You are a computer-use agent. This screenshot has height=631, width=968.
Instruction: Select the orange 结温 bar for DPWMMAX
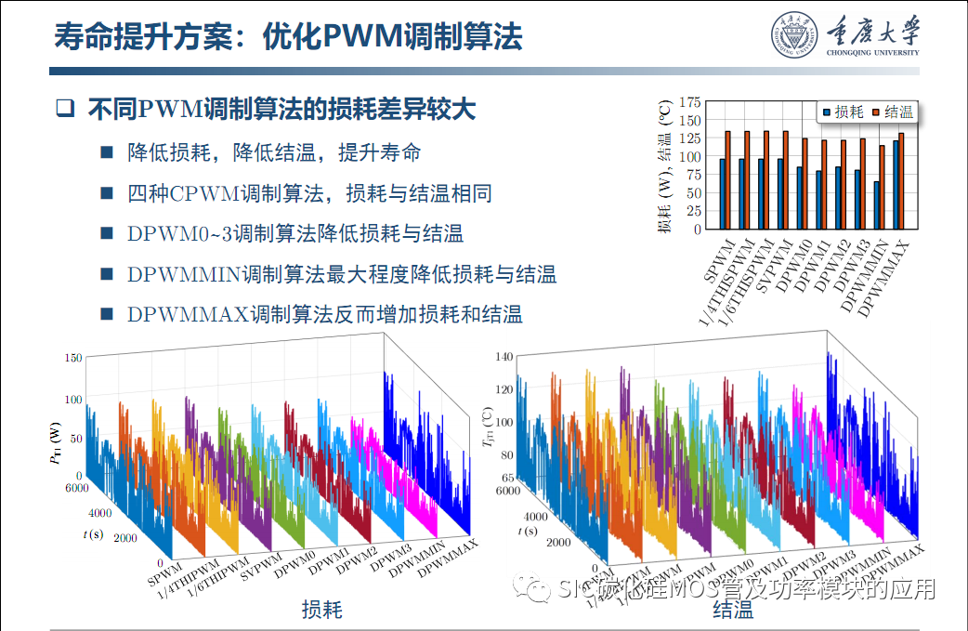tap(901, 180)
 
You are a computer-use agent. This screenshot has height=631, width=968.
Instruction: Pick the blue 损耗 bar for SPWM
tap(722, 193)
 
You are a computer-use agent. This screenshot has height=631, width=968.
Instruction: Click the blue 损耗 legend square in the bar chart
tap(825, 112)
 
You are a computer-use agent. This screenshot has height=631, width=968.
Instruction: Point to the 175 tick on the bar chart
tap(688, 101)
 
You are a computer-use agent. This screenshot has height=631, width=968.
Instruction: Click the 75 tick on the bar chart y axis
tap(691, 174)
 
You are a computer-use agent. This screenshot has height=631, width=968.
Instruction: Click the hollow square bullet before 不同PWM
tap(64, 109)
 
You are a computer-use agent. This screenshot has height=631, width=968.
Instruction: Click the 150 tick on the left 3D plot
tap(72, 358)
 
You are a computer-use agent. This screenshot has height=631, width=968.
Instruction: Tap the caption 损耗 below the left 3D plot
tap(321, 611)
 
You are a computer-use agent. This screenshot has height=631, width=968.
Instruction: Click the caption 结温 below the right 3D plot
tap(733, 611)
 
